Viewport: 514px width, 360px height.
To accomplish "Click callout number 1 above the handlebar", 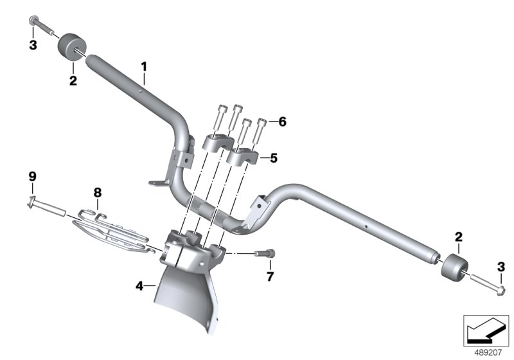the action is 144,67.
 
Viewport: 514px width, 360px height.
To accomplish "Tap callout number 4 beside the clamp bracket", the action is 139,286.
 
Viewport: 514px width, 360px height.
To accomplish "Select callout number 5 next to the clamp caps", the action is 274,158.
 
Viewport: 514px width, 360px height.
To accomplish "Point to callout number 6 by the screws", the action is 282,122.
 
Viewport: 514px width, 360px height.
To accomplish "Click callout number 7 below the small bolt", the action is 270,276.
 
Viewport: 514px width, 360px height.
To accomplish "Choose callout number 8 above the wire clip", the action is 98,192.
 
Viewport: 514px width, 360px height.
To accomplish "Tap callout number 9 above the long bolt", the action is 32,177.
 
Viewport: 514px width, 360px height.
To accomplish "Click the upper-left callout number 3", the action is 33,45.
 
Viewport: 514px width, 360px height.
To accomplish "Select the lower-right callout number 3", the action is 501,267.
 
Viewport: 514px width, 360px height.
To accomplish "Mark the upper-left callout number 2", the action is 73,80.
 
